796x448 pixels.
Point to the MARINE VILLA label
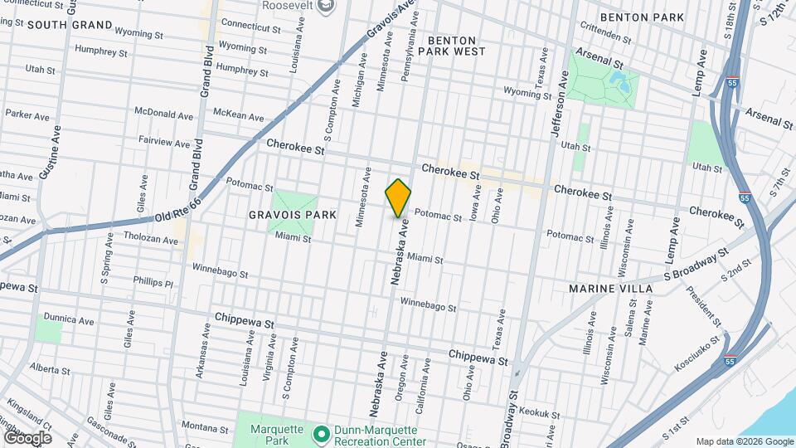pos(610,288)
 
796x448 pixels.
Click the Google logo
pos(27,437)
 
